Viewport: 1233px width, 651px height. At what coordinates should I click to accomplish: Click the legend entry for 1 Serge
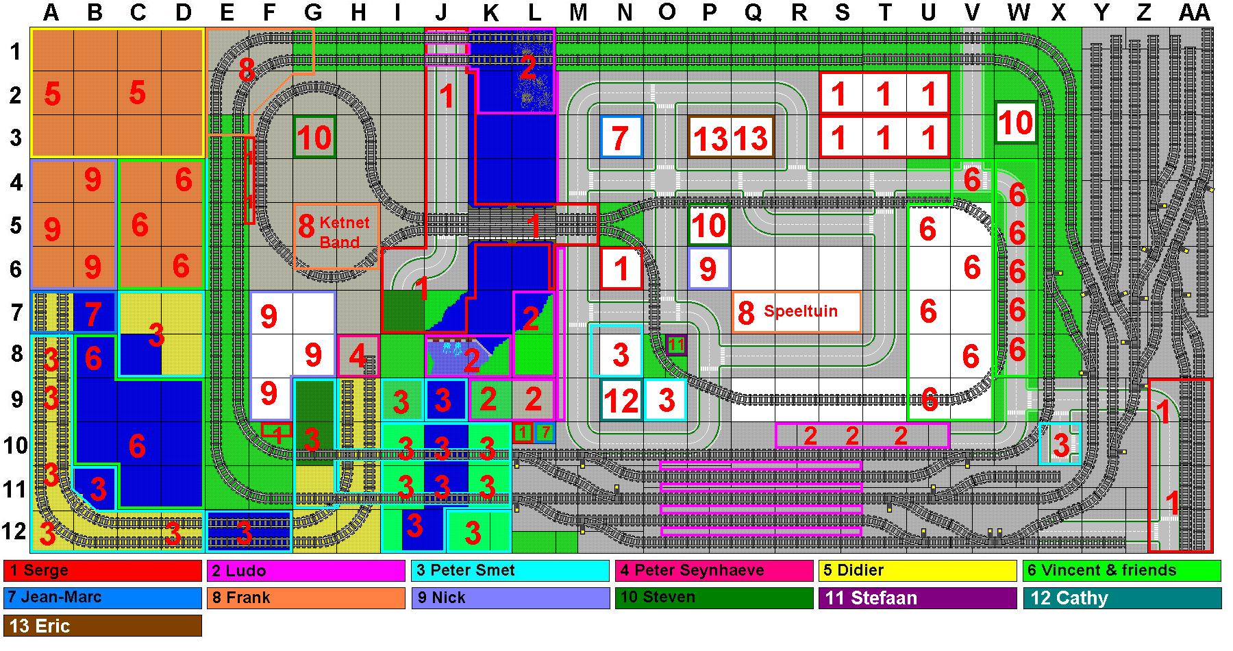point(103,571)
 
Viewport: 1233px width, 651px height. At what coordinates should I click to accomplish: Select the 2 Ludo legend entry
point(306,571)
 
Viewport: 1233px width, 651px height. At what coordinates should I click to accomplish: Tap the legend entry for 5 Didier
point(917,571)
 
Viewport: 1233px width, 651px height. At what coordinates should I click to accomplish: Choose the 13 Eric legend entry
point(103,626)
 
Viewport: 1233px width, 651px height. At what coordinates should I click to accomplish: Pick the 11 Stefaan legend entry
point(917,598)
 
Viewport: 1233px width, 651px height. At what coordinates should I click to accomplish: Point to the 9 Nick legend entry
point(510,598)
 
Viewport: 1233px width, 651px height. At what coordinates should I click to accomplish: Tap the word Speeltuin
point(800,311)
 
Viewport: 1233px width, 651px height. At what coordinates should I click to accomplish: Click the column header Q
point(753,12)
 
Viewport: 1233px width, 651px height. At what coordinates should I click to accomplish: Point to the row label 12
point(15,531)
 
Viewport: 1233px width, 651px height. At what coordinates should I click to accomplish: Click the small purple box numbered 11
point(676,345)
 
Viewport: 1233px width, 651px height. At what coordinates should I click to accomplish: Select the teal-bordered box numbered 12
point(621,400)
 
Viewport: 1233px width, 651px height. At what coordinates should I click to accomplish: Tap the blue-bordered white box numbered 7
point(621,137)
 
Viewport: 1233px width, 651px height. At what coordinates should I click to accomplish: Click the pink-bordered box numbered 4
point(358,356)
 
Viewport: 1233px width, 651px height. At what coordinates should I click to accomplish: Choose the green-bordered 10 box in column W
point(1015,123)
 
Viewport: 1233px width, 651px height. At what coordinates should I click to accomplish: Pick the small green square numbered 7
point(545,433)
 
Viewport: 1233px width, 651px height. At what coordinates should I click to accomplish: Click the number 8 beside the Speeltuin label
point(746,312)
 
